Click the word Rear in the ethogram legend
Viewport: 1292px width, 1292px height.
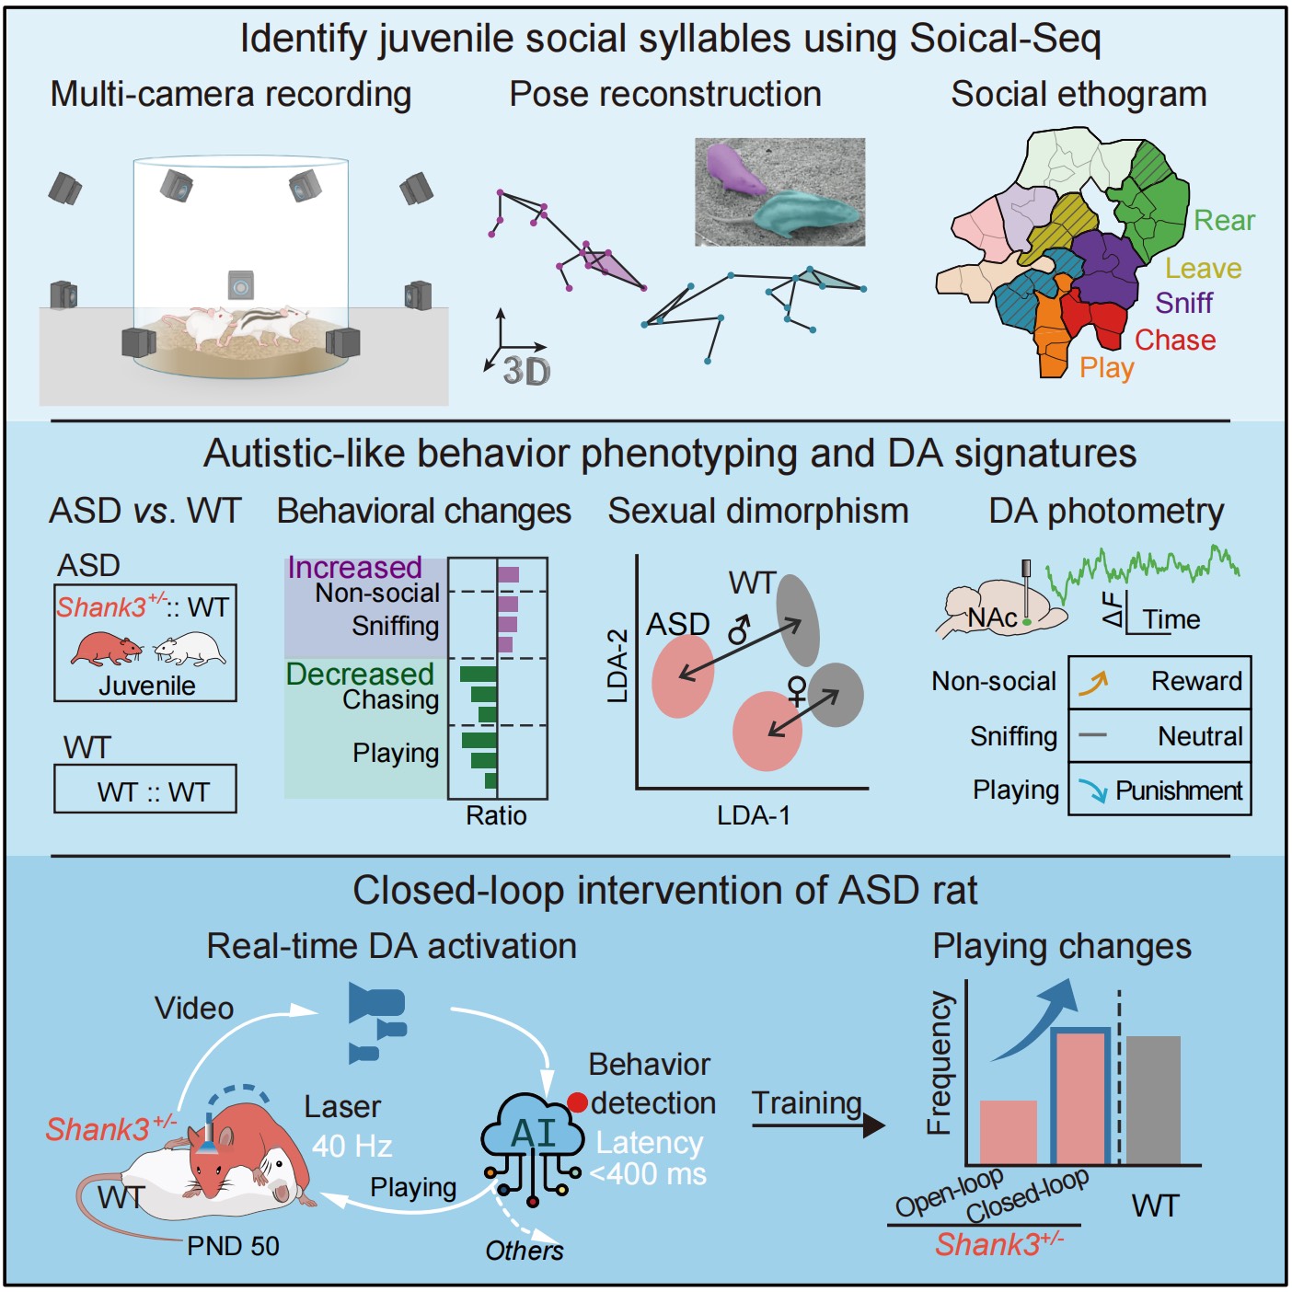pyautogui.click(x=1224, y=221)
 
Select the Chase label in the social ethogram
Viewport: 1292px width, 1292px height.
pyautogui.click(x=1175, y=340)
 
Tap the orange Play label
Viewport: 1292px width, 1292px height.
pyautogui.click(x=1106, y=368)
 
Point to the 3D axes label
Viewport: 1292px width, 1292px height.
pyautogui.click(x=526, y=372)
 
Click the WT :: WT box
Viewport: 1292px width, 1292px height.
pyautogui.click(x=145, y=790)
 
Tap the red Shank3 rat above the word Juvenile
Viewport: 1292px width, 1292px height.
pyautogui.click(x=106, y=648)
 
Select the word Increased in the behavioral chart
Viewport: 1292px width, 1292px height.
pyautogui.click(x=354, y=568)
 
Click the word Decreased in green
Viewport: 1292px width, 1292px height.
pyautogui.click(x=360, y=675)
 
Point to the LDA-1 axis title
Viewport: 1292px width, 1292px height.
pyautogui.click(x=754, y=815)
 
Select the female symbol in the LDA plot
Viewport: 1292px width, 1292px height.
pyautogui.click(x=797, y=690)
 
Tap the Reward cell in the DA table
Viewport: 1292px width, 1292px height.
pyautogui.click(x=1159, y=682)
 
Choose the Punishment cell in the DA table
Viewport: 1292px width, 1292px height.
pyautogui.click(x=1159, y=790)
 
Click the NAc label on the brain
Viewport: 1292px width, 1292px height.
pyautogui.click(x=992, y=618)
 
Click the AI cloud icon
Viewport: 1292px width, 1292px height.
pyautogui.click(x=533, y=1134)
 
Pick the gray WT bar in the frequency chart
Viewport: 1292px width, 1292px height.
pyautogui.click(x=1153, y=1100)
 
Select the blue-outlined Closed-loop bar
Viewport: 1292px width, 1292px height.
pyautogui.click(x=1080, y=1097)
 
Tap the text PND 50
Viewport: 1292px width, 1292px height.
pyautogui.click(x=233, y=1246)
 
